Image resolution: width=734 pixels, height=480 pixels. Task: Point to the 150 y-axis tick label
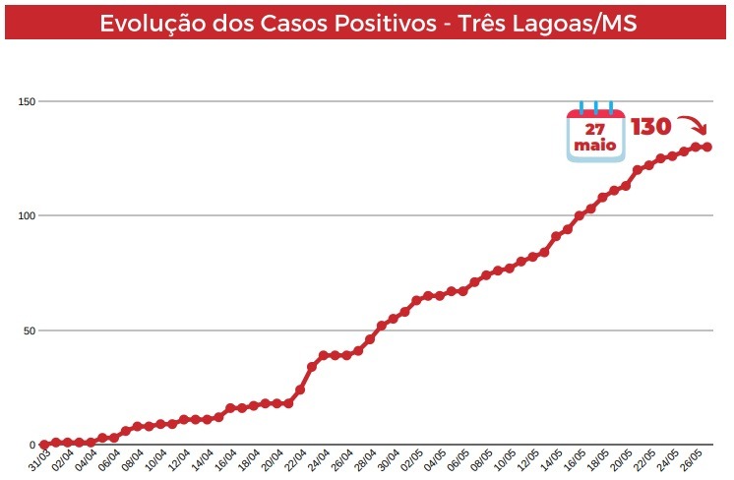coord(27,101)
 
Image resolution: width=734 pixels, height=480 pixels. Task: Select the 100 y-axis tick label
coord(27,215)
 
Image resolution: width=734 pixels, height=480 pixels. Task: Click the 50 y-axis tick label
coord(30,330)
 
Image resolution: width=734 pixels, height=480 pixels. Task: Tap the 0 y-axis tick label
coord(32,445)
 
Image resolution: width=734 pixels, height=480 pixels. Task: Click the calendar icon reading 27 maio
coord(595,134)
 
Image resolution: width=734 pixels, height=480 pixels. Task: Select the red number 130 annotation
coord(650,127)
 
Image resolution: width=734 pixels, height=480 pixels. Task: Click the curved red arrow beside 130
coord(695,127)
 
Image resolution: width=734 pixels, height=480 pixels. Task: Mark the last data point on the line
coord(707,148)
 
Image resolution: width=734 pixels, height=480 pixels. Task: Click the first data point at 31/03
coord(44,445)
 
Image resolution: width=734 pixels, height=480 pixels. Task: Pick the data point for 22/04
coord(300,390)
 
